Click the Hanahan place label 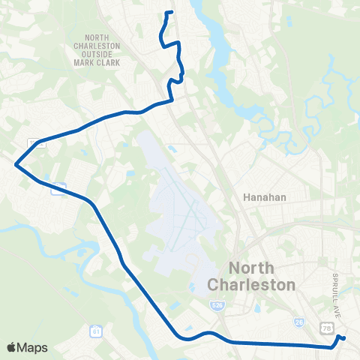262,197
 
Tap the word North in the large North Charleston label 256,268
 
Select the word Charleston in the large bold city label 251,285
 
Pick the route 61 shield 95,330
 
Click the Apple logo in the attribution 12,347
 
